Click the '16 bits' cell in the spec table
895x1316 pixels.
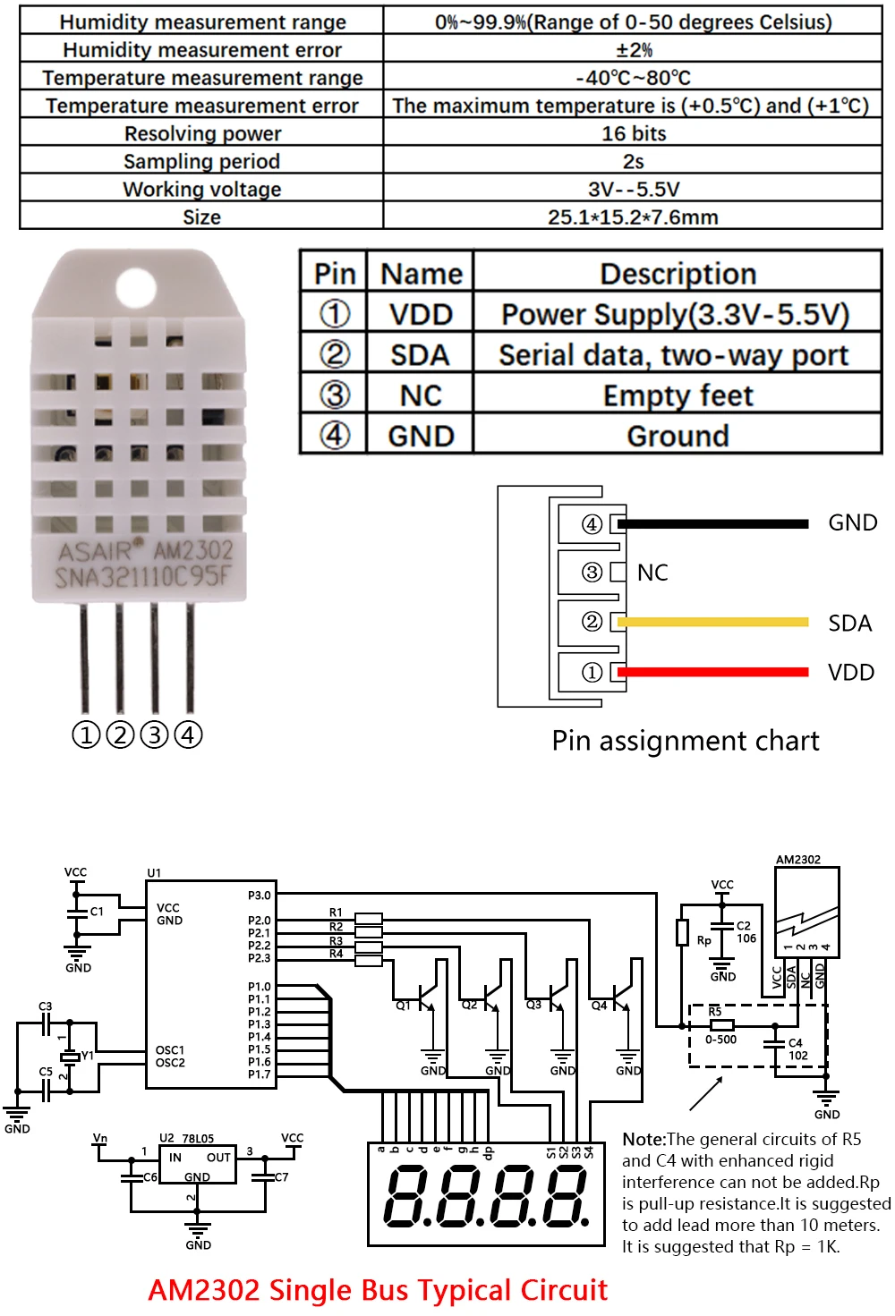coord(633,133)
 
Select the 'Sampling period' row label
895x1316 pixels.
coord(201,161)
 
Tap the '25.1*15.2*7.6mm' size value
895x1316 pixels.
coord(633,217)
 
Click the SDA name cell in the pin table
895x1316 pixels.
coord(420,355)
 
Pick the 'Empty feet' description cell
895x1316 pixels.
coord(678,395)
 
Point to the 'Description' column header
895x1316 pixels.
coord(678,274)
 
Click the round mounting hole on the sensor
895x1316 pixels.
coord(136,287)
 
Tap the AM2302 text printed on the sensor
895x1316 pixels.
coord(192,550)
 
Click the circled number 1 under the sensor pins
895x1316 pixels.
coord(86,735)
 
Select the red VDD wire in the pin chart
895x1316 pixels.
coord(712,672)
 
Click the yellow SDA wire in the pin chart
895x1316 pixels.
coord(712,622)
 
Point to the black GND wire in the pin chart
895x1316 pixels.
coord(712,523)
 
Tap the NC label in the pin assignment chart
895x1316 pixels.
coord(652,573)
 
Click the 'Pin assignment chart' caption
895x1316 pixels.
coord(685,741)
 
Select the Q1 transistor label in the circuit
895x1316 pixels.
coord(404,1006)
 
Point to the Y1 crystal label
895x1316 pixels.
coord(88,1056)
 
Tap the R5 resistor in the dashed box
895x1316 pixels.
coord(721,1025)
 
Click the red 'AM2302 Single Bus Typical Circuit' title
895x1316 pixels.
coord(377,1290)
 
